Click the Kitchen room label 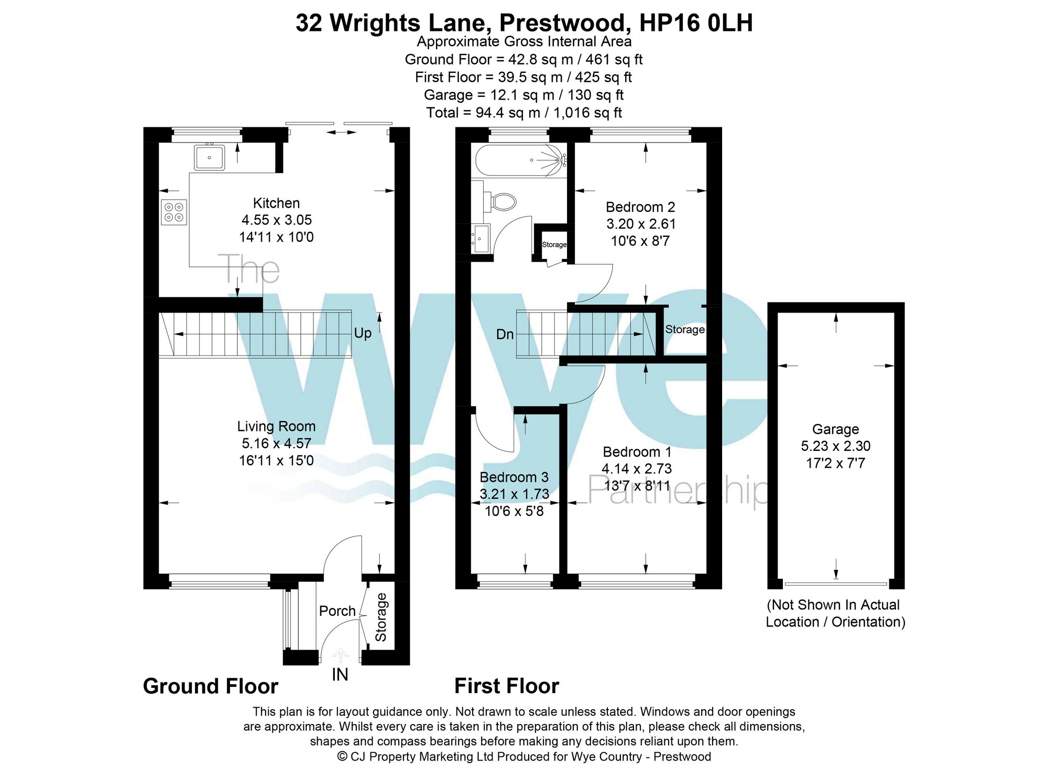pyautogui.click(x=276, y=203)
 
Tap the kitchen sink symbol pyautogui.click(x=210, y=157)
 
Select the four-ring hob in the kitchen pyautogui.click(x=174, y=212)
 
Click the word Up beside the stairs pyautogui.click(x=363, y=333)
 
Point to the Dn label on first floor pyautogui.click(x=505, y=334)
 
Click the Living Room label pyautogui.click(x=276, y=426)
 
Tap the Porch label pyautogui.click(x=337, y=611)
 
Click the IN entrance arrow pyautogui.click(x=340, y=657)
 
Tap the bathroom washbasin pyautogui.click(x=481, y=239)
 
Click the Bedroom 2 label pyautogui.click(x=640, y=207)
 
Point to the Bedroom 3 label pyautogui.click(x=514, y=477)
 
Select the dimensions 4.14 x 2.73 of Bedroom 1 pyautogui.click(x=637, y=469)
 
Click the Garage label pyautogui.click(x=835, y=429)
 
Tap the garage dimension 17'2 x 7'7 pyautogui.click(x=835, y=463)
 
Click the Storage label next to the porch pyautogui.click(x=381, y=617)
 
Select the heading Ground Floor pyautogui.click(x=210, y=686)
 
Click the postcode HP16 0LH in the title pyautogui.click(x=696, y=23)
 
